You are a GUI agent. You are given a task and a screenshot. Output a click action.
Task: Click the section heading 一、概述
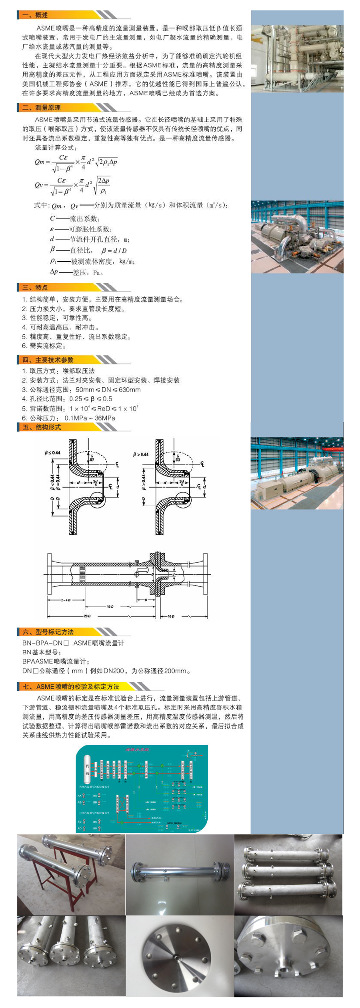coord(35,15)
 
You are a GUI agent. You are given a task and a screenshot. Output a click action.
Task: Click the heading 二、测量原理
coord(42,107)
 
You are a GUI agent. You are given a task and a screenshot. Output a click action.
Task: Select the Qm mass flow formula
coord(76,162)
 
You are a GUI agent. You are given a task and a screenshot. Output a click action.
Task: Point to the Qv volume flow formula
coord(72,185)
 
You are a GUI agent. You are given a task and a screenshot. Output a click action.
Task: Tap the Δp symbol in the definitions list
coord(54,272)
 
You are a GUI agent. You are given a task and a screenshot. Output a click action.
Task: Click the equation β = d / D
coord(114,251)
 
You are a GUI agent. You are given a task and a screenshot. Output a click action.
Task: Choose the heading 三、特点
coord(35,287)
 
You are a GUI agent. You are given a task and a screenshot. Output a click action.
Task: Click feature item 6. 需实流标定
coord(44,346)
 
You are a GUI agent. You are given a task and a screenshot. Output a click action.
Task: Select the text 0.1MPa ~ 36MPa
coord(90,418)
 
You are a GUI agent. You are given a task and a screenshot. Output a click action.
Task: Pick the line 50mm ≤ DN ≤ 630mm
coord(108,389)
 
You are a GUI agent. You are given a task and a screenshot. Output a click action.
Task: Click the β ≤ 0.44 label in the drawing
coord(52,453)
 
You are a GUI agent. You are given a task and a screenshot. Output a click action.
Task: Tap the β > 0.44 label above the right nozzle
coord(141,454)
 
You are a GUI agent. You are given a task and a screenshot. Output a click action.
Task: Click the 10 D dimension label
coord(171,616)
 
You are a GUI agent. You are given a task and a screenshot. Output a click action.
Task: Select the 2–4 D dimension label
coord(66,600)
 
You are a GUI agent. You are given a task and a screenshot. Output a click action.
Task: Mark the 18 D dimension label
coord(110,607)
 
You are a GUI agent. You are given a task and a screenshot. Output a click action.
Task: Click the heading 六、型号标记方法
coord(48,632)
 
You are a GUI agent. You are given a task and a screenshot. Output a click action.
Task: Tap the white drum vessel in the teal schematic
coord(87,769)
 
